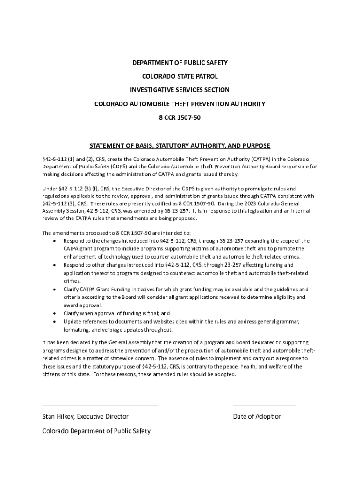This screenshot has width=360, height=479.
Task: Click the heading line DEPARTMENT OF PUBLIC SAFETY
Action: [180, 63]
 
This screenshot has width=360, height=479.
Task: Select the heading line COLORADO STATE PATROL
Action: [180, 76]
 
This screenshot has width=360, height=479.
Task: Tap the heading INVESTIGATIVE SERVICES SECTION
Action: [180, 90]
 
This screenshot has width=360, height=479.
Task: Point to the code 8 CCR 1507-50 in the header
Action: [180, 117]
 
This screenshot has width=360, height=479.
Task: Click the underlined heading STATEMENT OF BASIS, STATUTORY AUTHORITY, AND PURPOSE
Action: [180, 145]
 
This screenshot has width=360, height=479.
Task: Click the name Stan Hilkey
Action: [58, 416]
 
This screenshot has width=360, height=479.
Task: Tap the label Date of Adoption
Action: [257, 416]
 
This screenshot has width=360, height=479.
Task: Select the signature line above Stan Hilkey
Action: [100, 406]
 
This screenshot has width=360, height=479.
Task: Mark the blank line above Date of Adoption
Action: [264, 406]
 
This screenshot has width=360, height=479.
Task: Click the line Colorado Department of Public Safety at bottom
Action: [96, 431]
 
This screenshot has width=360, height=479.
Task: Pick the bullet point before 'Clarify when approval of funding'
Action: [55, 313]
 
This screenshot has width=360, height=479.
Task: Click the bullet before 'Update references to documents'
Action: [55, 322]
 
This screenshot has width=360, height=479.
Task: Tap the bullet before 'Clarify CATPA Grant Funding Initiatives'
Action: [55, 289]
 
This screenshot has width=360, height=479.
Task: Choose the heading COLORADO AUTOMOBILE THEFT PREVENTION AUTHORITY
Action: [180, 104]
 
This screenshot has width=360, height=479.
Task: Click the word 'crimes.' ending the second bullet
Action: [72, 281]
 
